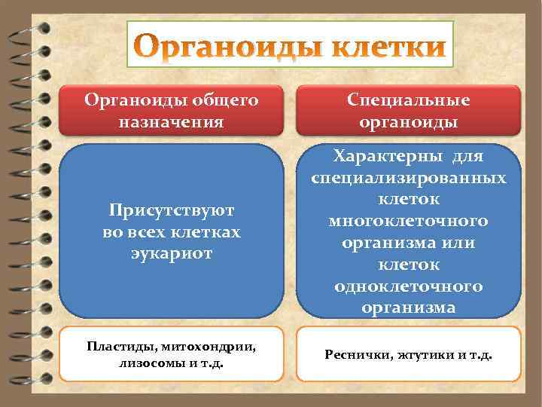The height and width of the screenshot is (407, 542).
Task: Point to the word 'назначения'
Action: (171, 121)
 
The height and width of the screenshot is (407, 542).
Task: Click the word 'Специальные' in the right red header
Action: (408, 100)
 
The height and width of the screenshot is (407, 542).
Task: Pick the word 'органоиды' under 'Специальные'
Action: (408, 121)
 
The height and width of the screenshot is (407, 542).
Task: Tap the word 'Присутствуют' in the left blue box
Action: (171, 211)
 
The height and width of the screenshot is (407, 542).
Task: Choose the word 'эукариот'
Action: (171, 254)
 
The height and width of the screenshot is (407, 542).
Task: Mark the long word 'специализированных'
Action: (408, 178)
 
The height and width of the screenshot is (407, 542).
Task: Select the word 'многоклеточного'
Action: (408, 222)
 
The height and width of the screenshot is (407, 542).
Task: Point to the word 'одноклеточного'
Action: (408, 286)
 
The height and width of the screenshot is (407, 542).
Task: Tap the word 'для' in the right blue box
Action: (468, 156)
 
